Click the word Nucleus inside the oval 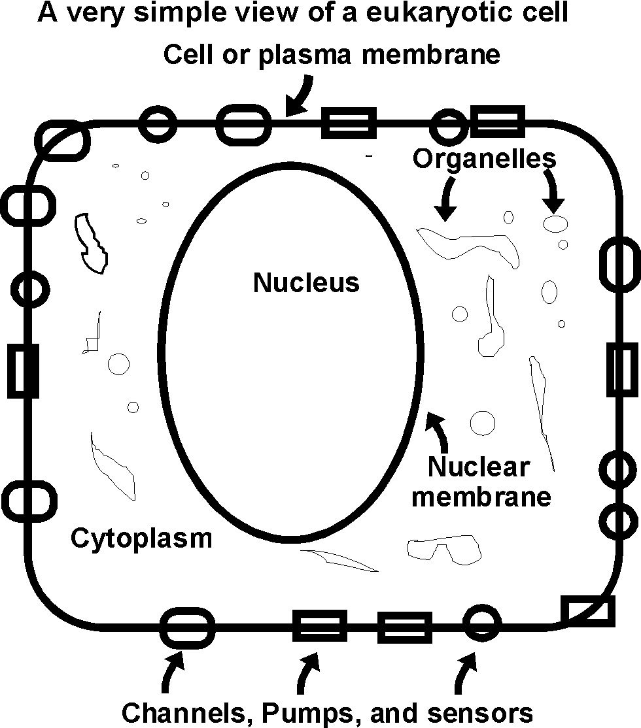(306, 283)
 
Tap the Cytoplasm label (141, 538)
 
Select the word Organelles (484, 158)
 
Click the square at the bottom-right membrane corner (587, 611)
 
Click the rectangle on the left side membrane (23, 371)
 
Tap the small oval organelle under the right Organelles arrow (555, 223)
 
